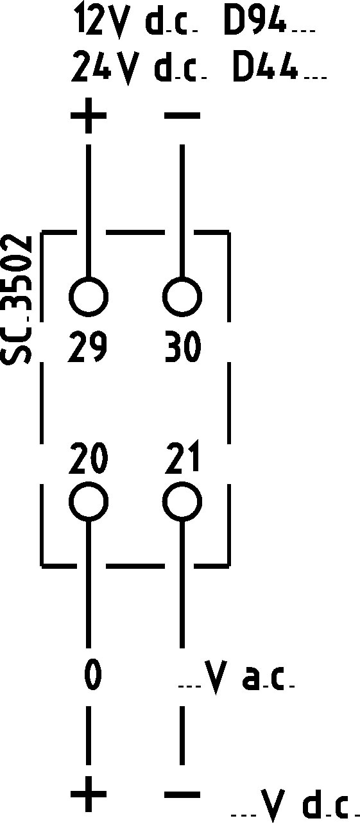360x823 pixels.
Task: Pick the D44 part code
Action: [x=265, y=67]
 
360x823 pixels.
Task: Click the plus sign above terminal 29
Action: [x=88, y=116]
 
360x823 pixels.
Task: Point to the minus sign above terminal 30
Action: [x=182, y=116]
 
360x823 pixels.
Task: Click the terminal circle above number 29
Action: [x=88, y=296]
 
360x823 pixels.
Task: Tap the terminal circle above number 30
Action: [x=182, y=296]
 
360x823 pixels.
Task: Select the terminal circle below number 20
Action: [x=88, y=501]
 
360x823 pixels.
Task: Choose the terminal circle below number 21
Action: [x=182, y=501]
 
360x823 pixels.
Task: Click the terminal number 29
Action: [x=87, y=347]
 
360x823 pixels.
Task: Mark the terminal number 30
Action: [x=183, y=347]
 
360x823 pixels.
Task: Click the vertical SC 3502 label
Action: [x=16, y=300]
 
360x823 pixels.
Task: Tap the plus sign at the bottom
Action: [x=88, y=794]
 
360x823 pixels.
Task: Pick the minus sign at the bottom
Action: [x=182, y=794]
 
